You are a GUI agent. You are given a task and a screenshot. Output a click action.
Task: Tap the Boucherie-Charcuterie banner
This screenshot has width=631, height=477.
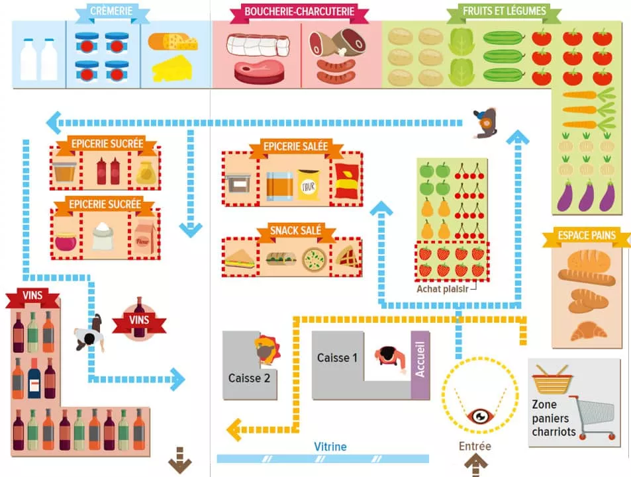[x=299, y=12]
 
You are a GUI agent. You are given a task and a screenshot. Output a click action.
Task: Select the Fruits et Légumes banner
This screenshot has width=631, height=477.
[x=504, y=11]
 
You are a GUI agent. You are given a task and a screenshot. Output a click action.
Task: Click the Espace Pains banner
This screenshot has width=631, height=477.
[x=587, y=235]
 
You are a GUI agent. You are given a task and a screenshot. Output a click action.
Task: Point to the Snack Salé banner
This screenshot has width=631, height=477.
[x=295, y=231]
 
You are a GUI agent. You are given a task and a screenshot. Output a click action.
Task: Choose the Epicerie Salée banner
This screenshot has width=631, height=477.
[x=295, y=147]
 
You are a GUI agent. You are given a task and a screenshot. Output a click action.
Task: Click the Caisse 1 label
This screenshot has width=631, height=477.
[x=337, y=358]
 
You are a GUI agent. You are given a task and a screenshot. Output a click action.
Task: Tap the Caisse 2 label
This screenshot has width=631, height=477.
[x=249, y=378]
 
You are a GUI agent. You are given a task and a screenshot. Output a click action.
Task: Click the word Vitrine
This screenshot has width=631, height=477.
[x=330, y=447]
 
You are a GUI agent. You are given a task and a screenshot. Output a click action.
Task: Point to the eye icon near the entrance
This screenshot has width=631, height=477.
[x=478, y=416]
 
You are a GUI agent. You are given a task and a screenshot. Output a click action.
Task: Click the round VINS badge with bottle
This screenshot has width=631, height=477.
[x=138, y=321]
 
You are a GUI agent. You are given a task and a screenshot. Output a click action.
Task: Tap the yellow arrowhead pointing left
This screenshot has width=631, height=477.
[x=233, y=429]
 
